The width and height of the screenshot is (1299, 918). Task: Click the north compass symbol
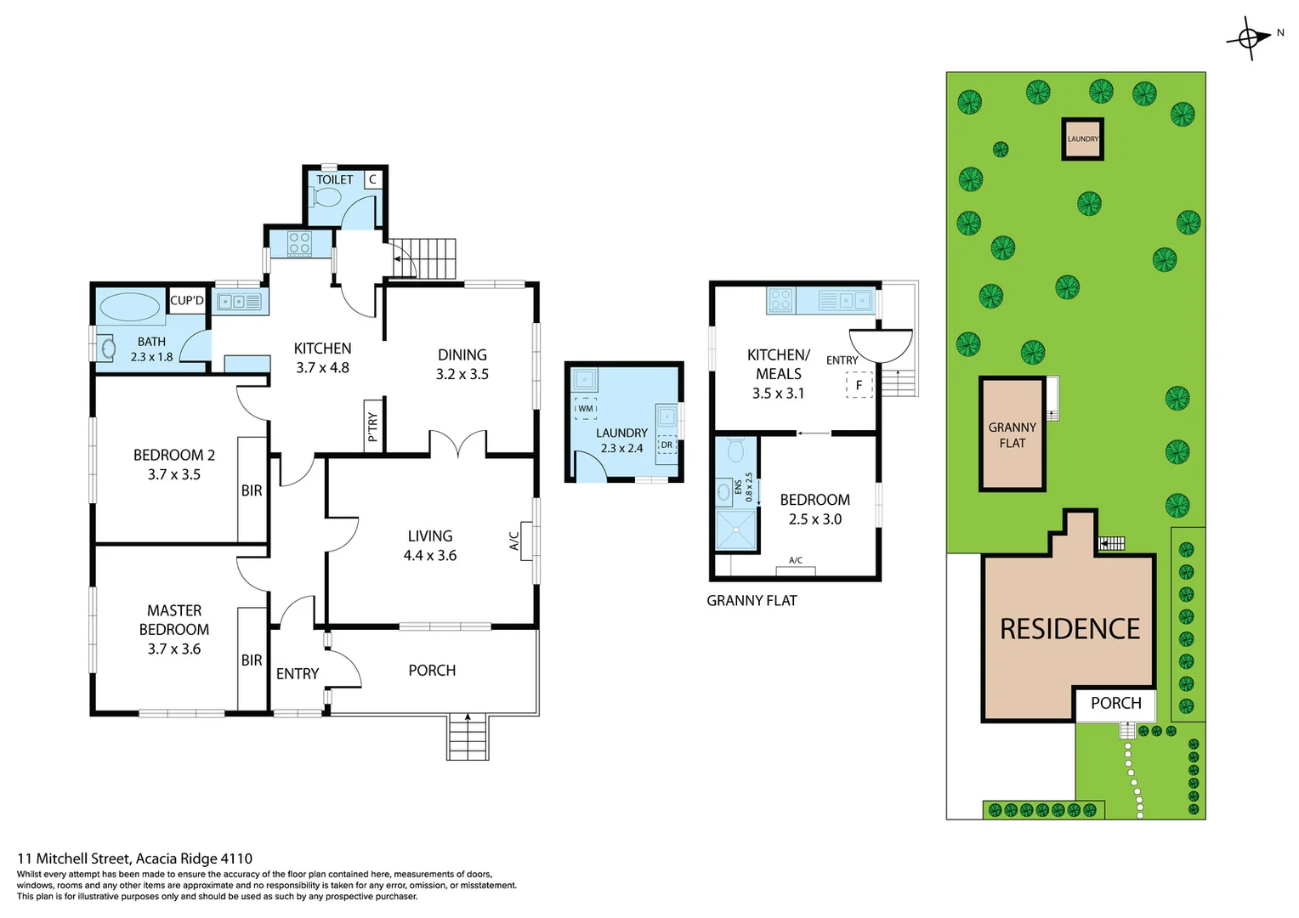point(1250,37)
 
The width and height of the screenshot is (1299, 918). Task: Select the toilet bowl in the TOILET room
point(326,198)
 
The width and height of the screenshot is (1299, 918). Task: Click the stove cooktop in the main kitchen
point(299,244)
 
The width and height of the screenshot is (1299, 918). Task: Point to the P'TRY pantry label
point(372,426)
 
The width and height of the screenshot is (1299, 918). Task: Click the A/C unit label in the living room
point(514,541)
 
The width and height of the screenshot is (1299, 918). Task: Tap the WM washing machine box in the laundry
point(586,409)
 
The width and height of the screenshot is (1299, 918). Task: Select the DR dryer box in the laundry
point(667,445)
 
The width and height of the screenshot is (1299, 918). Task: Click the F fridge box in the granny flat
point(859,385)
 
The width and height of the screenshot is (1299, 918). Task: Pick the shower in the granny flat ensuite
point(736,530)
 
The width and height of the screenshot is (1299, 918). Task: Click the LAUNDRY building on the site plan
point(1082,139)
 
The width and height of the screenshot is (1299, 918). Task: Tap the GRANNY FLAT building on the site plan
point(1012,434)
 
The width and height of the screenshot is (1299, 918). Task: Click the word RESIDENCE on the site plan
point(1069,629)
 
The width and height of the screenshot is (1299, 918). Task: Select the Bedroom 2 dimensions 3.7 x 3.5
point(174,474)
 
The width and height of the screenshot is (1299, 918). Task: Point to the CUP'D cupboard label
point(187,300)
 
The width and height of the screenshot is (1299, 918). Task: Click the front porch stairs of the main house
point(468,736)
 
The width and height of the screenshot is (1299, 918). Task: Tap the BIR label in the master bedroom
point(252,660)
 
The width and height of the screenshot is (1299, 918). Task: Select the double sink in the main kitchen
point(240,301)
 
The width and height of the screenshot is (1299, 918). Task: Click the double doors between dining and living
point(457,444)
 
